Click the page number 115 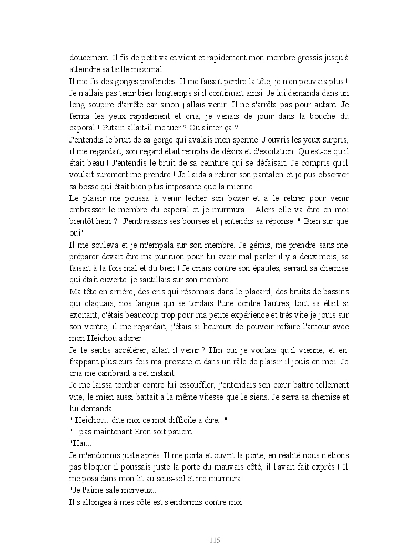tap(214, 541)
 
